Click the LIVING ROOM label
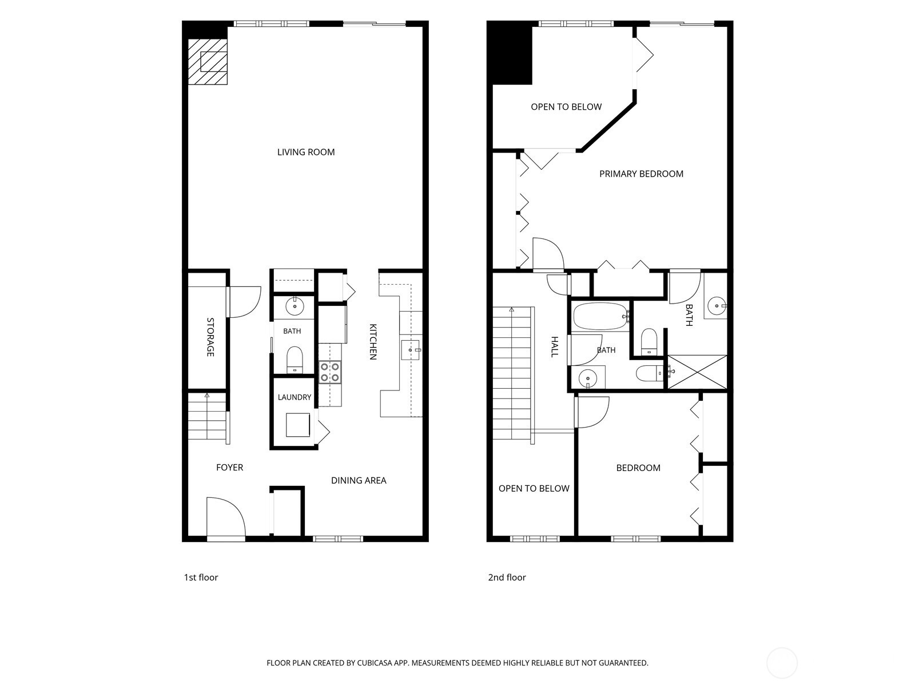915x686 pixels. point(306,152)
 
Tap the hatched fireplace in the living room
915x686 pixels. point(208,62)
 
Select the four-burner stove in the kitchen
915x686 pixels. point(330,372)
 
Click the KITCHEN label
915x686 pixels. point(373,341)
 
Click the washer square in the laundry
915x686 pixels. point(298,425)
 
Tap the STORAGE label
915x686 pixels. point(210,337)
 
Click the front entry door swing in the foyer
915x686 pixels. point(225,519)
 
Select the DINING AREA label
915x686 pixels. point(359,480)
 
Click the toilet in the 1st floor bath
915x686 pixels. point(295,360)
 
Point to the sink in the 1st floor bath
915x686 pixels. point(295,306)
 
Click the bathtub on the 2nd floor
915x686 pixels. point(600,317)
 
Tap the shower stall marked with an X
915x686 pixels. point(697,372)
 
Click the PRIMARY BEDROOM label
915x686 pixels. point(641,174)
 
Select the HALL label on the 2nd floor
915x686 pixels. point(554,346)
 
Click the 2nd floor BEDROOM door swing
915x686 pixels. point(591,412)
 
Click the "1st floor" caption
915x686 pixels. point(201,577)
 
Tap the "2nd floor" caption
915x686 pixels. point(507,577)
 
